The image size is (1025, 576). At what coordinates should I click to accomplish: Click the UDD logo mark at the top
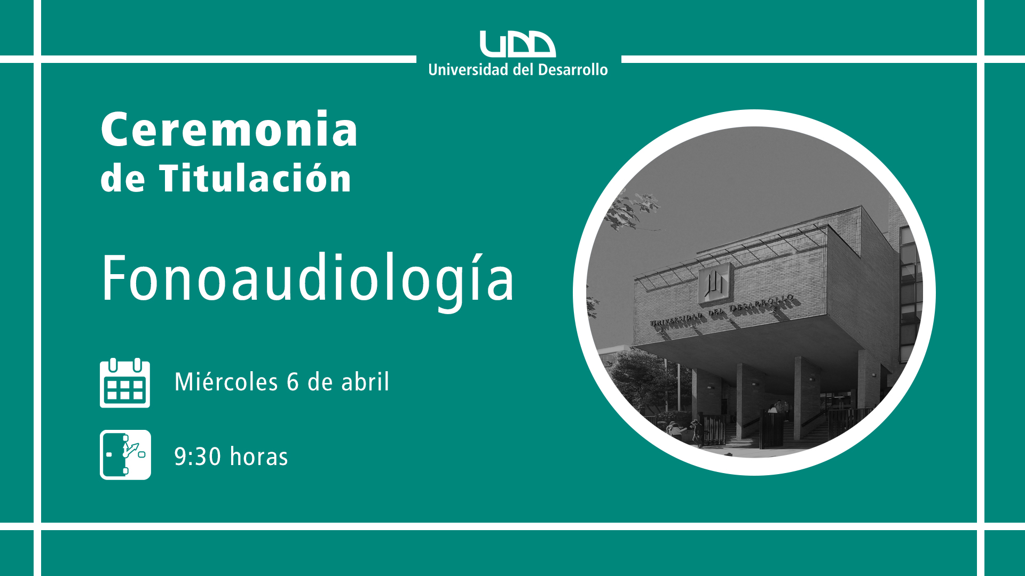coord(517,44)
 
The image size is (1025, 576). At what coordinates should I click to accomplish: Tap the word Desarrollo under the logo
coord(572,70)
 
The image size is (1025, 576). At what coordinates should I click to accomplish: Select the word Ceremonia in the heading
coord(229,129)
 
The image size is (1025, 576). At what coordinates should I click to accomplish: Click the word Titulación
coord(255,178)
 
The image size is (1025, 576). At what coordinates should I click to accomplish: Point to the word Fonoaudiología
coord(307,279)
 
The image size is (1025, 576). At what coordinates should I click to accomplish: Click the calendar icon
coord(125,383)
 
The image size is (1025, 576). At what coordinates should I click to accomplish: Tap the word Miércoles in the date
coord(226,382)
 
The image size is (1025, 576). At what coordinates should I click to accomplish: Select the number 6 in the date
coord(293,382)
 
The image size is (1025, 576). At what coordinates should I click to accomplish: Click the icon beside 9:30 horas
coord(125,455)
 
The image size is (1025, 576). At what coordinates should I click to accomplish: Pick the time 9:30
coord(198,457)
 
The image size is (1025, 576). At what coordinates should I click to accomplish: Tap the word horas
coord(259,457)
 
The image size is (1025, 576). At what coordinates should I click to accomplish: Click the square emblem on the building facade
coord(714,283)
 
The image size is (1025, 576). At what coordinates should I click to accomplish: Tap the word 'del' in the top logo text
coord(523,70)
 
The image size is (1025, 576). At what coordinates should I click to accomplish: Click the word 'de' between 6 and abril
coord(320,382)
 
